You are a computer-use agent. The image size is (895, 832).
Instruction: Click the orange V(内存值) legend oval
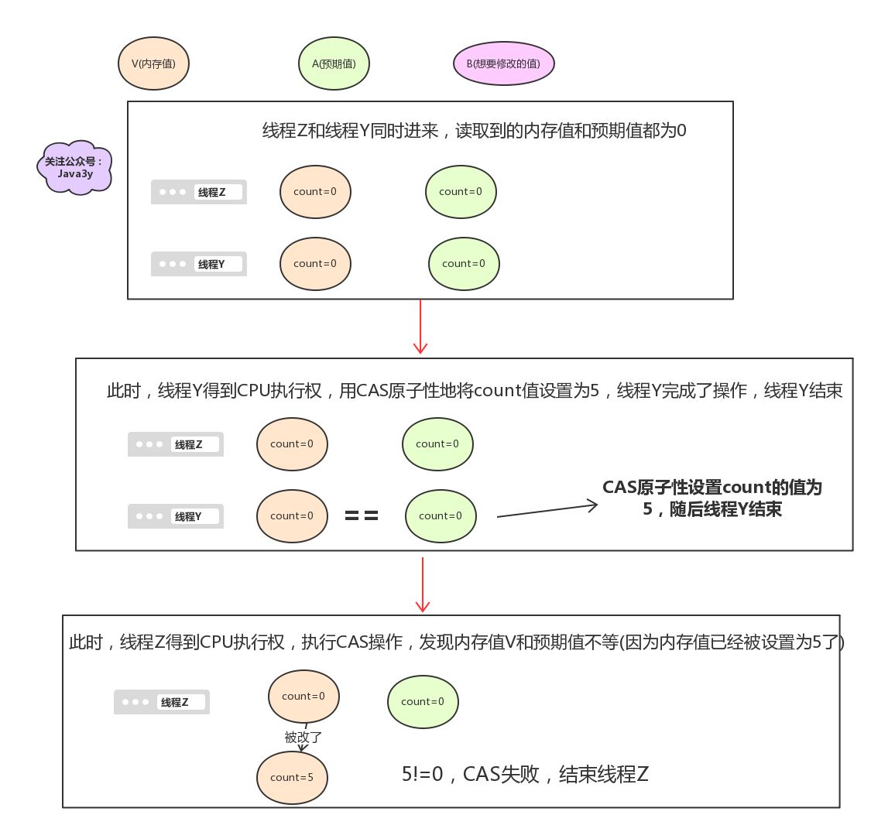pyautogui.click(x=153, y=63)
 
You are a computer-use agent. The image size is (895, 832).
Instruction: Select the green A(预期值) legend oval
pyautogui.click(x=334, y=63)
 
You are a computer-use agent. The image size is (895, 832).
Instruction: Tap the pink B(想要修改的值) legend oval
pyautogui.click(x=503, y=63)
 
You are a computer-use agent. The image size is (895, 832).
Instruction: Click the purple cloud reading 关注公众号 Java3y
pyautogui.click(x=74, y=168)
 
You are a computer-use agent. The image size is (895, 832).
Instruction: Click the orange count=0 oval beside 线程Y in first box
pyautogui.click(x=315, y=264)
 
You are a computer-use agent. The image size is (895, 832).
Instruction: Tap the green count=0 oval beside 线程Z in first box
pyautogui.click(x=461, y=192)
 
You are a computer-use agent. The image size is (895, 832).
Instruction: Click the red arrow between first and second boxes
pyautogui.click(x=420, y=327)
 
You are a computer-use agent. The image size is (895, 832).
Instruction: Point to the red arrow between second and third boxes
pyautogui.click(x=423, y=584)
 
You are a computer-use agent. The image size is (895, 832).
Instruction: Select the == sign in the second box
pyautogui.click(x=362, y=516)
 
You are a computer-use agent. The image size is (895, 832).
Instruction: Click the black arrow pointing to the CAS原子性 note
pyautogui.click(x=547, y=511)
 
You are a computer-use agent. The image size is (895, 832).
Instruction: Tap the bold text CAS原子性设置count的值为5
pyautogui.click(x=712, y=498)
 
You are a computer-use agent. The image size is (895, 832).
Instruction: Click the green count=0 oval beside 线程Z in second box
pyautogui.click(x=437, y=444)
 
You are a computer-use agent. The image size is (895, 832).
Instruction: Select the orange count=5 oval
pyautogui.click(x=292, y=778)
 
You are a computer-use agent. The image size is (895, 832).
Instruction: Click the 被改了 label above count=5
pyautogui.click(x=303, y=738)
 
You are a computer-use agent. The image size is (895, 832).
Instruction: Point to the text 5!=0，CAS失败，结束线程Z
pyautogui.click(x=525, y=774)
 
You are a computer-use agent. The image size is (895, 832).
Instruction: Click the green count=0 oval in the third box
pyautogui.click(x=423, y=702)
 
